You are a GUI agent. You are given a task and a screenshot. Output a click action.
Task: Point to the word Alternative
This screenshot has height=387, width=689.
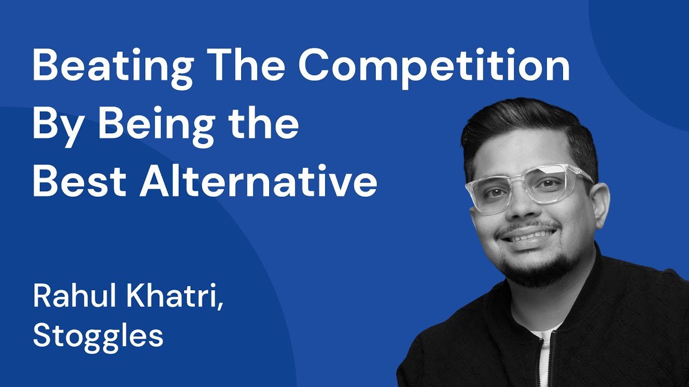coord(259,183)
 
